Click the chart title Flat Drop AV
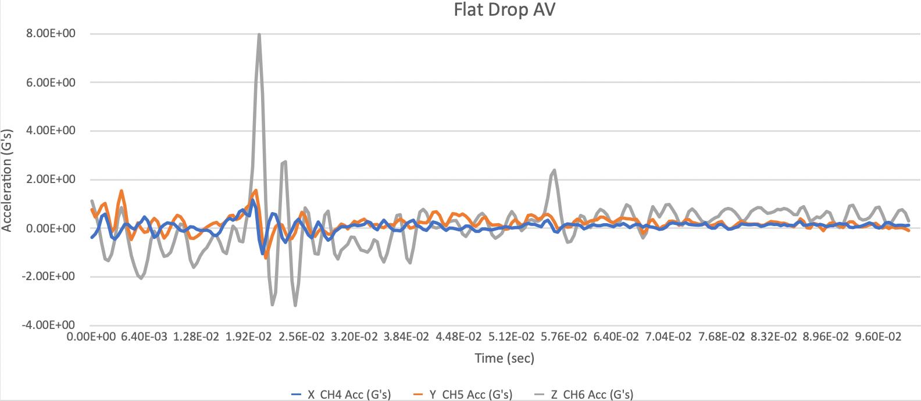[x=504, y=10]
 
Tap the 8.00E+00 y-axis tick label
[x=51, y=33]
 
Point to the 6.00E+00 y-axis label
[x=51, y=82]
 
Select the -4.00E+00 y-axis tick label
[x=48, y=325]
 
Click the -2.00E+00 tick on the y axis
[x=48, y=277]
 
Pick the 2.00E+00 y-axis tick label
[x=51, y=180]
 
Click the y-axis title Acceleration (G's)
[x=6, y=180]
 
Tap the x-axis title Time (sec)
[x=505, y=358]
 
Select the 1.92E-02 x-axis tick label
[x=249, y=337]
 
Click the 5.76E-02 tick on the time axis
[x=563, y=337]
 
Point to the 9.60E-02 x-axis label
[x=878, y=337]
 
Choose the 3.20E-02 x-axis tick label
[x=354, y=337]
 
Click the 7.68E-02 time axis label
[x=721, y=337]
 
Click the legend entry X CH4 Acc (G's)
[x=341, y=395]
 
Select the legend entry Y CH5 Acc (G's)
[x=462, y=395]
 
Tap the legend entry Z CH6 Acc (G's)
[x=583, y=395]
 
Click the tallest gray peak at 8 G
[x=259, y=34]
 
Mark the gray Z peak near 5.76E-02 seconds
[x=555, y=170]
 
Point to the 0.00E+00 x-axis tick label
[x=91, y=337]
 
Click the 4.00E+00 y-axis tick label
[x=51, y=131]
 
